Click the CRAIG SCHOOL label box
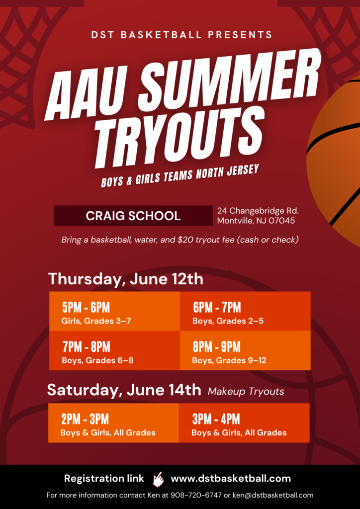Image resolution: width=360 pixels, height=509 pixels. pos(133,216)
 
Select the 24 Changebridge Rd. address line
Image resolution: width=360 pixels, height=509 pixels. pos(258,211)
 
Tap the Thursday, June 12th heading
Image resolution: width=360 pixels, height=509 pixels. pos(126,279)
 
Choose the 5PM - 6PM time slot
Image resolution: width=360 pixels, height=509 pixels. pos(86,307)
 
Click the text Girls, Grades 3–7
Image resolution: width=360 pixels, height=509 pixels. pos(96,322)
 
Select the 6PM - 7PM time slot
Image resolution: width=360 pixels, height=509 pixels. pos(217,307)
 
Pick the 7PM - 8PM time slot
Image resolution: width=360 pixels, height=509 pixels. pos(87,346)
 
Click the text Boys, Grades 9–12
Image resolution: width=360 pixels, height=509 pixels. pos(229,361)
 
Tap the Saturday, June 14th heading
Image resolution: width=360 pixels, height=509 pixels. pos(124,390)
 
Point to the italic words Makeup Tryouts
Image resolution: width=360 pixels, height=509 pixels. pos(246,392)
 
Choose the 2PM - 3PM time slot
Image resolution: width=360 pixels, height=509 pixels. pos(85,419)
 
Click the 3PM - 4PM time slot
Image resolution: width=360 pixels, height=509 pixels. pos(216,419)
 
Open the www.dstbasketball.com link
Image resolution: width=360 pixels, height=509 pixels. pos(231,479)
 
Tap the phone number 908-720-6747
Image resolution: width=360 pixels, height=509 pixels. pos(196,496)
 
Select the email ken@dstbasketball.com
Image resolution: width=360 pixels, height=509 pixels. pos(273,496)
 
